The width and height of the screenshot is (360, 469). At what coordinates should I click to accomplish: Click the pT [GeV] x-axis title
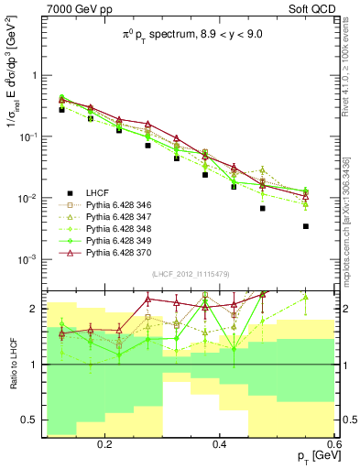point(311,456)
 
